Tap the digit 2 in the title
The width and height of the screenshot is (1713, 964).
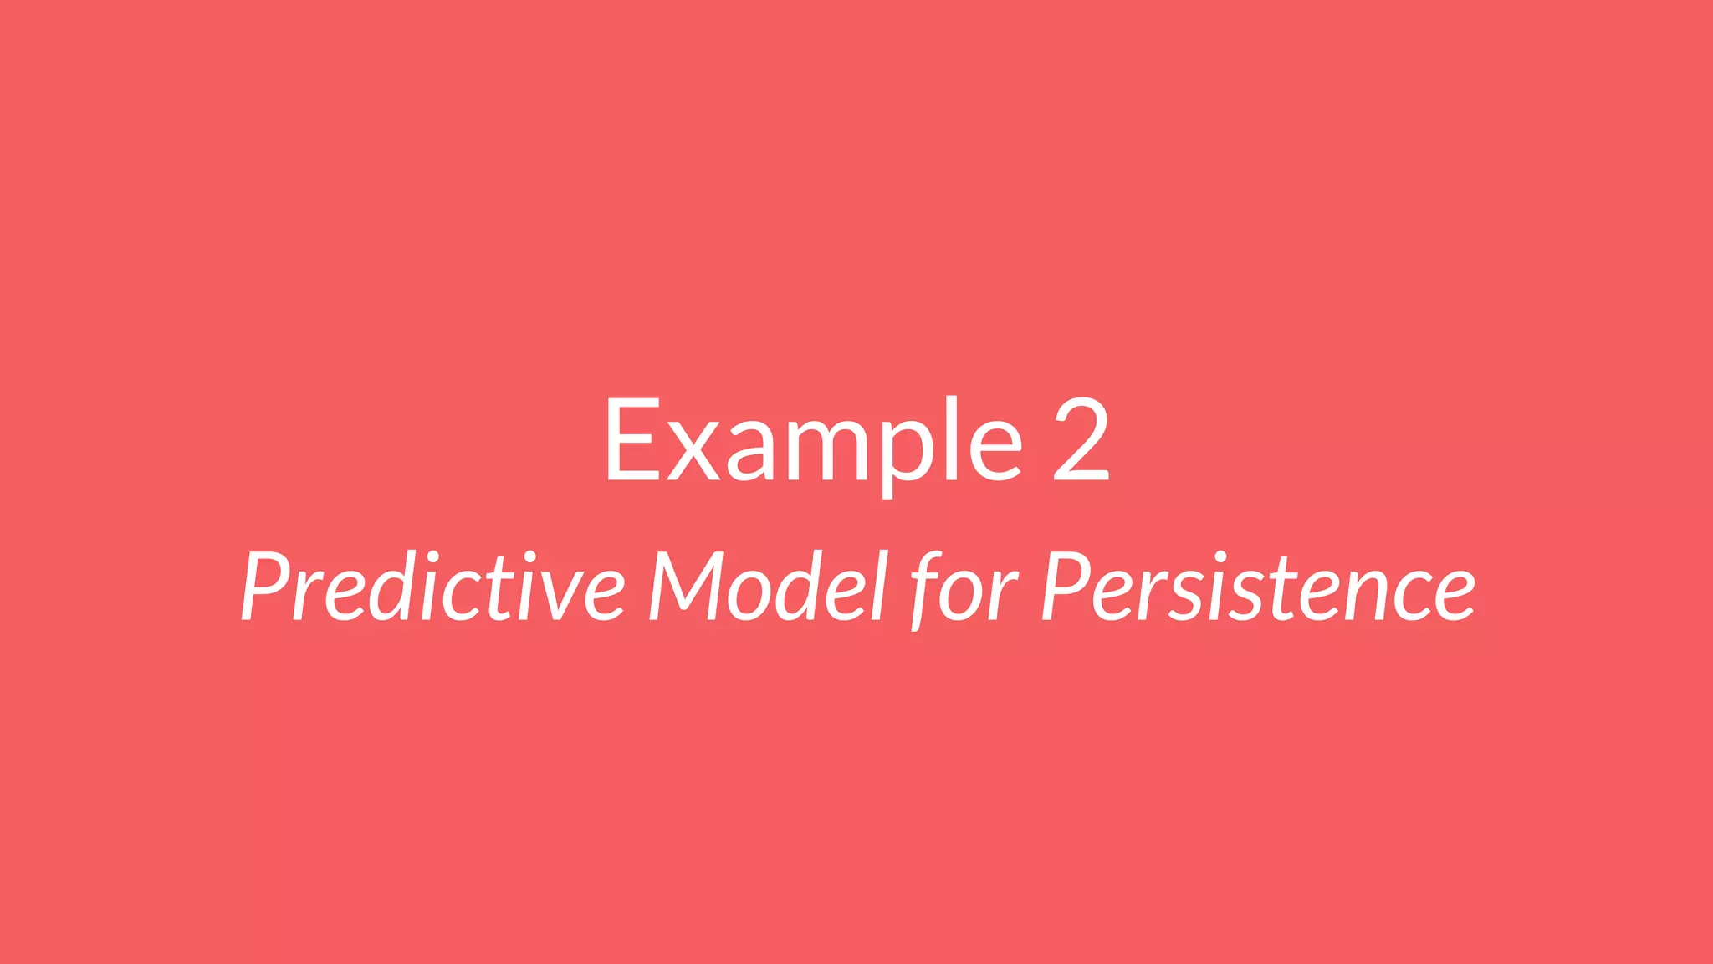tap(1081, 439)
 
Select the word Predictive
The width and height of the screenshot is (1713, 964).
tap(432, 587)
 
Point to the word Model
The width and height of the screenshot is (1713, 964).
tap(767, 587)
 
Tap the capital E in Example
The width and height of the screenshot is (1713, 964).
tap(632, 439)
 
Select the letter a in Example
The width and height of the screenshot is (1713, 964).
tap(749, 452)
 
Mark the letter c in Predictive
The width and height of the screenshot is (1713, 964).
tap(463, 596)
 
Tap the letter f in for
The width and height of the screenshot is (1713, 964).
tap(930, 590)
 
